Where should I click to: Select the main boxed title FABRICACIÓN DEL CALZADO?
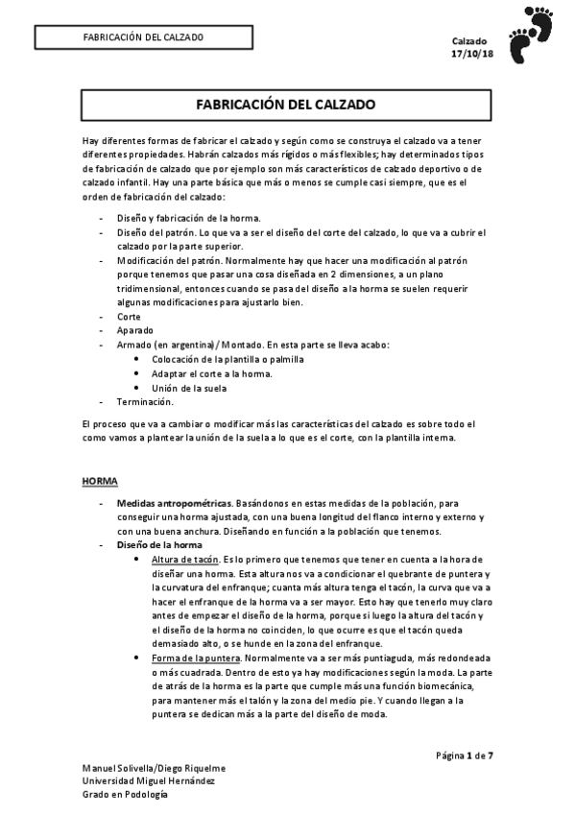point(285,103)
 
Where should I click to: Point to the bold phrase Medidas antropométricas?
point(174,503)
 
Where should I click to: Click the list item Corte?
point(129,316)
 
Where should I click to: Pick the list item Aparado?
point(135,329)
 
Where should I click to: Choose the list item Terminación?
point(144,401)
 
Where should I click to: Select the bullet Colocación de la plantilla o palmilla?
point(228,358)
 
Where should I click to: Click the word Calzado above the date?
point(469,41)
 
